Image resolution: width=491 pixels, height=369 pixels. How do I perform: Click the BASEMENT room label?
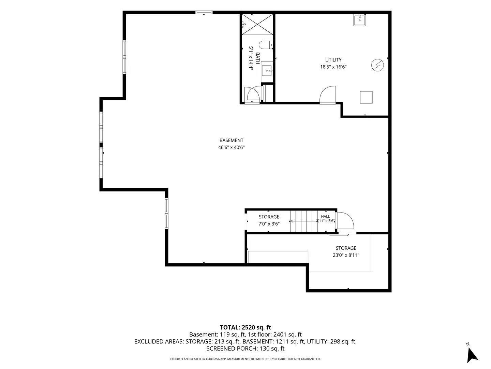click(231, 140)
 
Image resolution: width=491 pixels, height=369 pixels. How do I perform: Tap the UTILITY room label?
click(333, 60)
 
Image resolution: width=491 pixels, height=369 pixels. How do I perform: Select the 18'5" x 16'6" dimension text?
click(333, 67)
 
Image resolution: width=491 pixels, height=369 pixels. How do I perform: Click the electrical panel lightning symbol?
click(377, 65)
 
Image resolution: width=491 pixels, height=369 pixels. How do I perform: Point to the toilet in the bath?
click(266, 45)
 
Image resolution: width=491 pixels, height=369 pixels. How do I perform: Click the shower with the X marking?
click(257, 24)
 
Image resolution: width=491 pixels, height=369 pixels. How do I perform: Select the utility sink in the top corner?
click(359, 20)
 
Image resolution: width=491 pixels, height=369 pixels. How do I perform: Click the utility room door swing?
click(328, 95)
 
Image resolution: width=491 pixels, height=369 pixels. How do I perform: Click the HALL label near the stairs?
click(325, 216)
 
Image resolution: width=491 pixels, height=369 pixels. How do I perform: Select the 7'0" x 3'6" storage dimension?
click(269, 224)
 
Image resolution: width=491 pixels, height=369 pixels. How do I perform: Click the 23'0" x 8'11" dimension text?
click(346, 255)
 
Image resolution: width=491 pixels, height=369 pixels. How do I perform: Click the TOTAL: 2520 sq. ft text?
click(245, 327)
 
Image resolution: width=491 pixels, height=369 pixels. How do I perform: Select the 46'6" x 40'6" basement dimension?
click(231, 147)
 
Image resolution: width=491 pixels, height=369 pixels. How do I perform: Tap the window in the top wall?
click(204, 12)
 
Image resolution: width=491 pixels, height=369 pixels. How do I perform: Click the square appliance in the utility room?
click(366, 97)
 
